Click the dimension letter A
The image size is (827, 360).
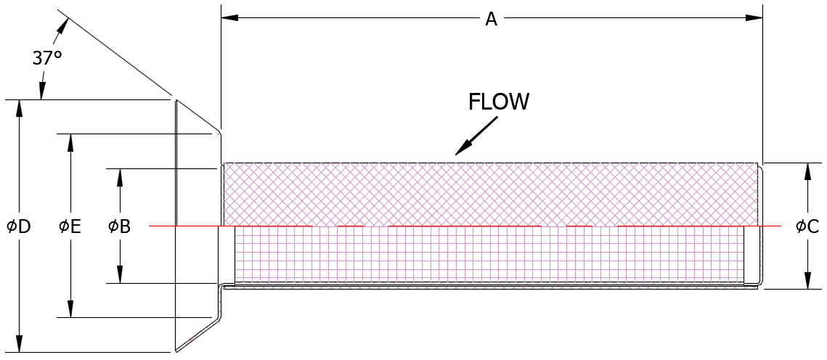(x=491, y=19)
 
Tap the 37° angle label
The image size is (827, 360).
(x=46, y=58)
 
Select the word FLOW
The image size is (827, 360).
(x=499, y=102)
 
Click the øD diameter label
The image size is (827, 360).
(x=18, y=226)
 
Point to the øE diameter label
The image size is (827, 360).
(x=70, y=226)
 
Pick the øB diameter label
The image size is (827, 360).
(x=119, y=226)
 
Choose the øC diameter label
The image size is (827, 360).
(x=807, y=226)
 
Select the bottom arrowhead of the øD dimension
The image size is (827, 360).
(x=20, y=345)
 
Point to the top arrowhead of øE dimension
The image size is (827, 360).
(x=70, y=141)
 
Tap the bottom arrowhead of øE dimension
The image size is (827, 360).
(x=70, y=310)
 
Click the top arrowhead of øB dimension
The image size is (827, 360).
(x=120, y=176)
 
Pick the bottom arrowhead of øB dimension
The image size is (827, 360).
(x=120, y=276)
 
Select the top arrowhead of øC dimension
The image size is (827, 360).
(x=807, y=170)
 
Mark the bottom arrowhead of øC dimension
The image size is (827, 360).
(x=807, y=282)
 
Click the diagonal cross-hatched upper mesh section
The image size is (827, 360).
(x=491, y=194)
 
